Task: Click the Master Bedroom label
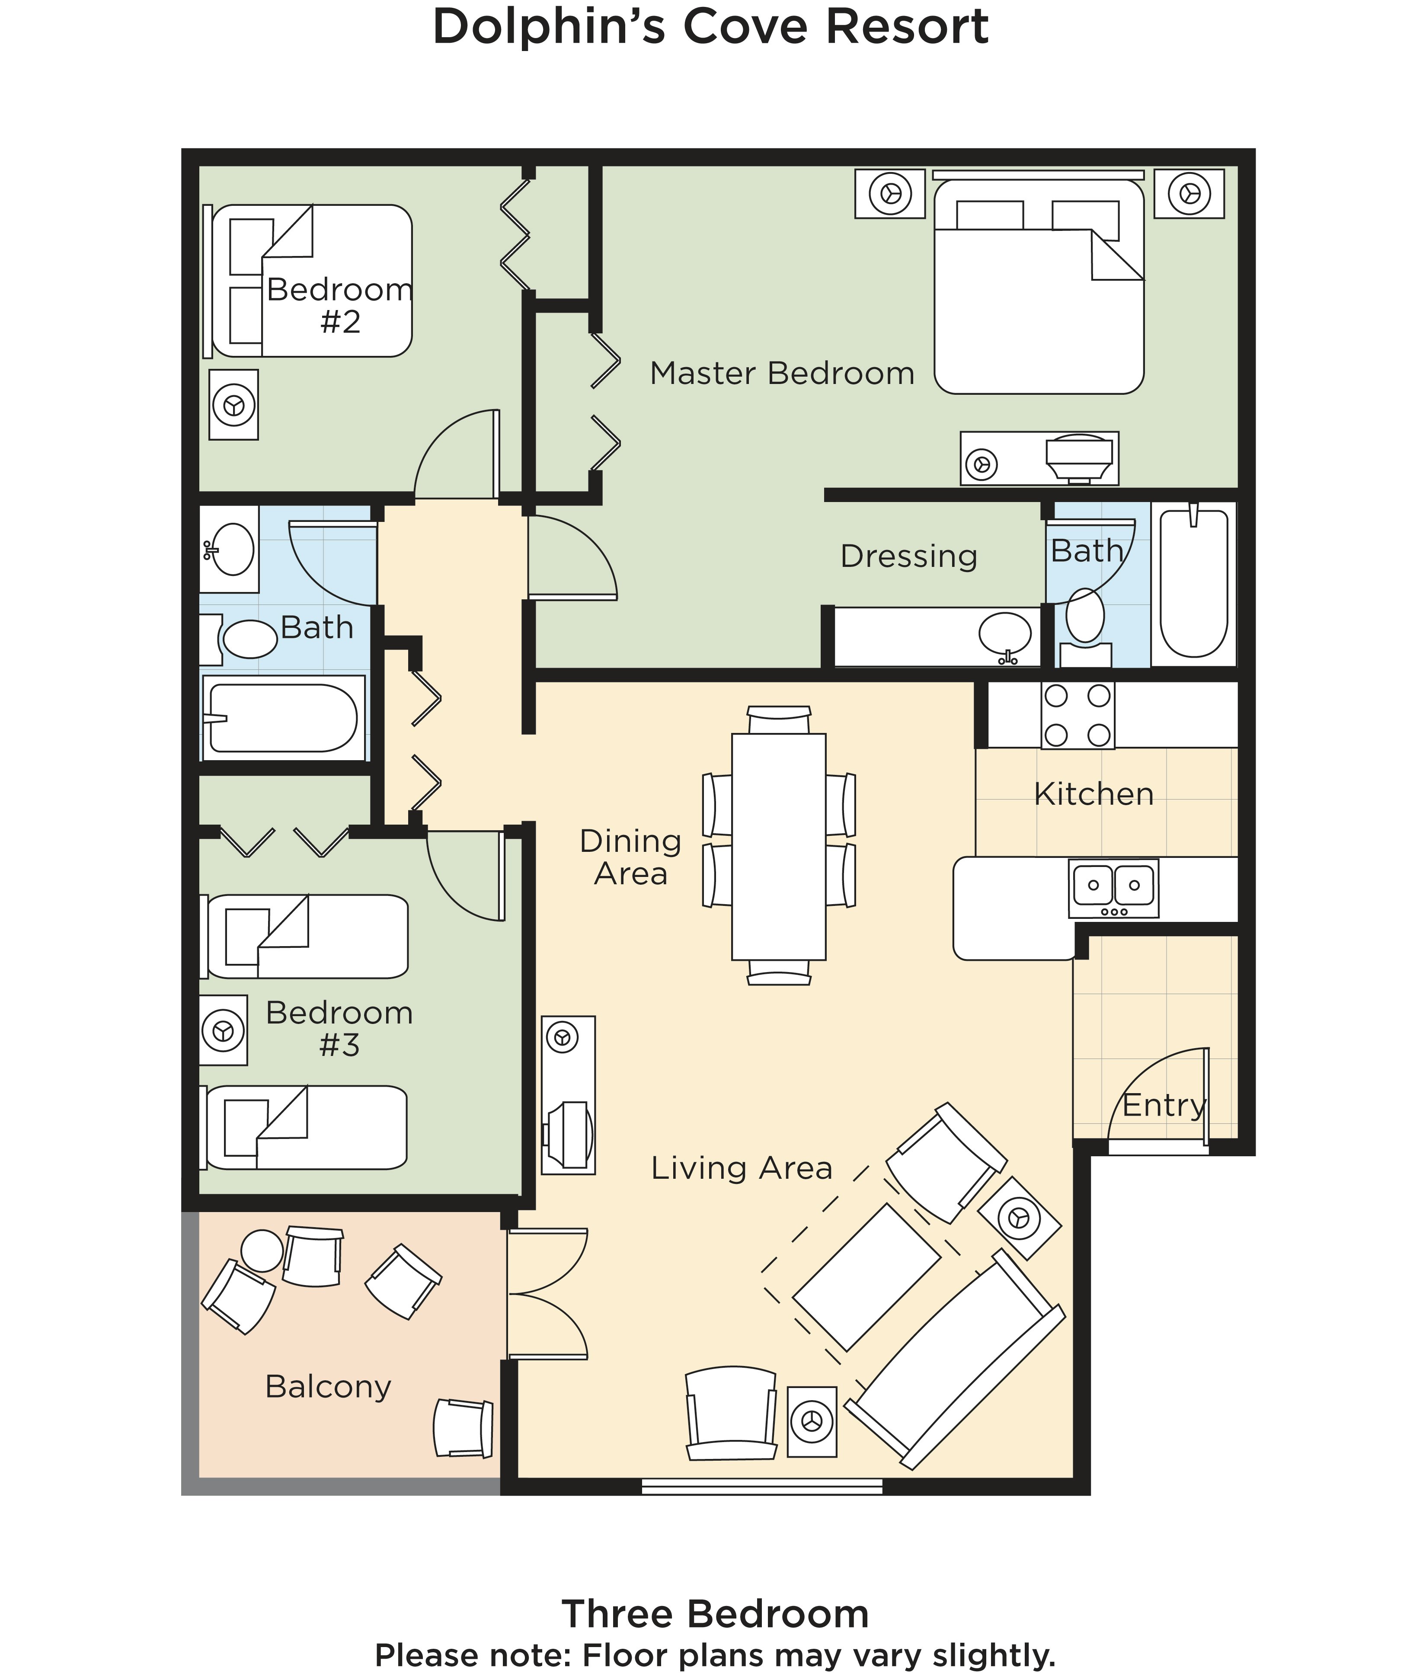(782, 373)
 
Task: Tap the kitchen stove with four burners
(1077, 715)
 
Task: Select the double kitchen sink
(1113, 888)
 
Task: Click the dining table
(778, 846)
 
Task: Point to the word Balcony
(328, 1386)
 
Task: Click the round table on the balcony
(262, 1251)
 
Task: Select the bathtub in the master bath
(1193, 583)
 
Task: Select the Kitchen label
(1093, 794)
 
